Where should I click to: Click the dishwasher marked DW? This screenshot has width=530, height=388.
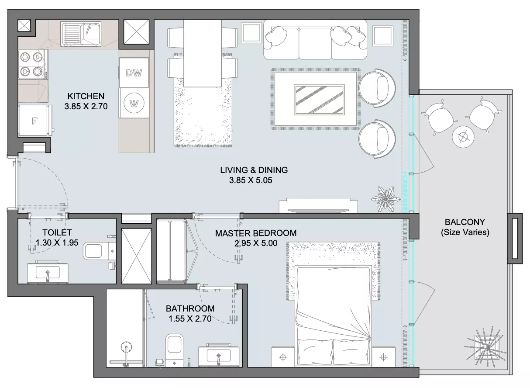tap(134, 73)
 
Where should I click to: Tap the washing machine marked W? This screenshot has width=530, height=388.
tap(134, 103)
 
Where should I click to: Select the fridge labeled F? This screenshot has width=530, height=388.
tap(34, 120)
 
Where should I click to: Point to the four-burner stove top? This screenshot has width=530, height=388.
tap(32, 64)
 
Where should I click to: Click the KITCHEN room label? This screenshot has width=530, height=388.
tap(86, 96)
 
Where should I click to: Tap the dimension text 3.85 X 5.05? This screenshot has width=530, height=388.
tap(251, 180)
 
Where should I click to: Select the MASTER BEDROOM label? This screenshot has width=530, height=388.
tap(256, 233)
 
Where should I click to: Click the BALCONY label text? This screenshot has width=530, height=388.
tap(465, 222)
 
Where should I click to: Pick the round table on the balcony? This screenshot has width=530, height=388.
tap(463, 137)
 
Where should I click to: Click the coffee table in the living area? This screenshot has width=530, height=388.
tap(319, 100)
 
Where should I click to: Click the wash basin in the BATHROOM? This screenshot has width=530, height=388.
tap(219, 355)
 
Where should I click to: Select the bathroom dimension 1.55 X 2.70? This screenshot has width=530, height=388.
tap(190, 319)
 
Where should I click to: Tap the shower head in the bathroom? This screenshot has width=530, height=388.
tap(126, 347)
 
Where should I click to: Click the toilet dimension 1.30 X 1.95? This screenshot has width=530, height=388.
tap(57, 242)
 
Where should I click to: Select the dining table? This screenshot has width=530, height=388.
tap(203, 53)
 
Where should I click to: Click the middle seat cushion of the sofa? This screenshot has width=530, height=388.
tap(315, 43)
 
